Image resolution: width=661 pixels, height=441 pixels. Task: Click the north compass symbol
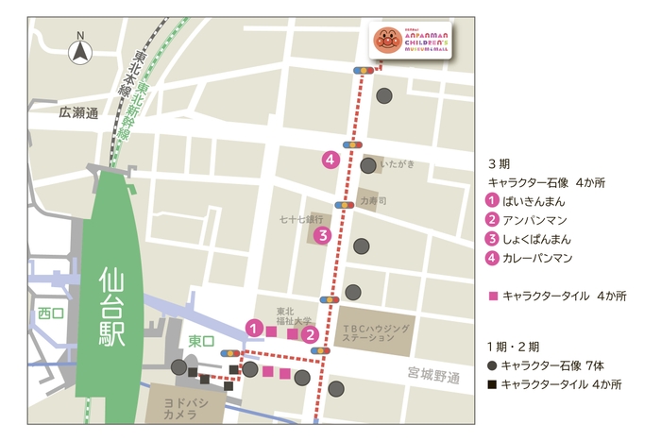80,51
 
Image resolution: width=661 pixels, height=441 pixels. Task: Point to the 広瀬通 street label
78,112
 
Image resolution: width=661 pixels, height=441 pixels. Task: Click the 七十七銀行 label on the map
301,218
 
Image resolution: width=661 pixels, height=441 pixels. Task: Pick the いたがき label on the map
398,163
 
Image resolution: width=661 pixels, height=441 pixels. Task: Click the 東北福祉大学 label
293,316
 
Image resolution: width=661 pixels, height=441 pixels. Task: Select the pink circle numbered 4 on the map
330,160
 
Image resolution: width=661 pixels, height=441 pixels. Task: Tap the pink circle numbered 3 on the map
322,235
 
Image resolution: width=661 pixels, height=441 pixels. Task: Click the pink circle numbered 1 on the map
253,327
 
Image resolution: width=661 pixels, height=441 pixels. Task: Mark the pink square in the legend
492,296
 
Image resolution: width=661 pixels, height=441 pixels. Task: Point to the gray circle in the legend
492,365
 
